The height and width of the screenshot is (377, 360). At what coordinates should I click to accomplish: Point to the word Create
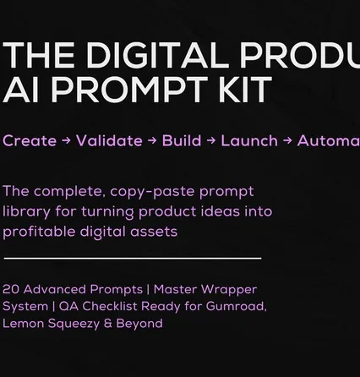point(30,141)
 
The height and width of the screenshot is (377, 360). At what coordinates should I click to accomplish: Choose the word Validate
point(109,141)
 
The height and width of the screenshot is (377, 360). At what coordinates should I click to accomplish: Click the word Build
point(182,141)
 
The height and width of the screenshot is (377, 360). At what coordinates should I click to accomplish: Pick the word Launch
point(249,141)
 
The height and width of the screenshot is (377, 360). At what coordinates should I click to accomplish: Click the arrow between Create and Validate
point(67,141)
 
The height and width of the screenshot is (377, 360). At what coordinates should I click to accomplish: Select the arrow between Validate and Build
point(152,141)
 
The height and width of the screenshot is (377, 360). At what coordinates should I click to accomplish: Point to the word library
point(25,211)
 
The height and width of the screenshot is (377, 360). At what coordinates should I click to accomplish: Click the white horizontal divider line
point(133,258)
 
